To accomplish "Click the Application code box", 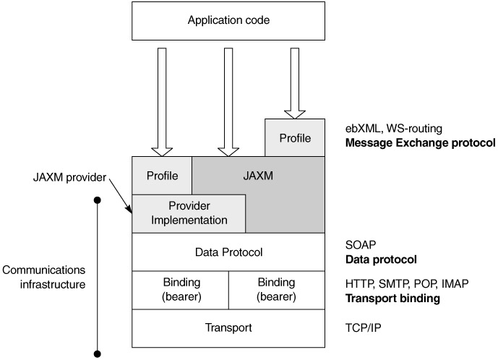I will [228, 20].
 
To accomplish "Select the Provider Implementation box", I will [189, 213].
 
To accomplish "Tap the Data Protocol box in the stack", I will [228, 252].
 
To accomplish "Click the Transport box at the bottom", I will [228, 327].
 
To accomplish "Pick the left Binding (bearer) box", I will [181, 289].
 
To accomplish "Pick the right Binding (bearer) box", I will [277, 289].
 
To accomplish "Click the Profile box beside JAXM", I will [162, 175].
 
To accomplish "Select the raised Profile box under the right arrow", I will [295, 137].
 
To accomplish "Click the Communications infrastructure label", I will [44, 277].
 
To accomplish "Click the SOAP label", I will [361, 244].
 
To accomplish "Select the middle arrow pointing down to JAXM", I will [228, 101].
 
